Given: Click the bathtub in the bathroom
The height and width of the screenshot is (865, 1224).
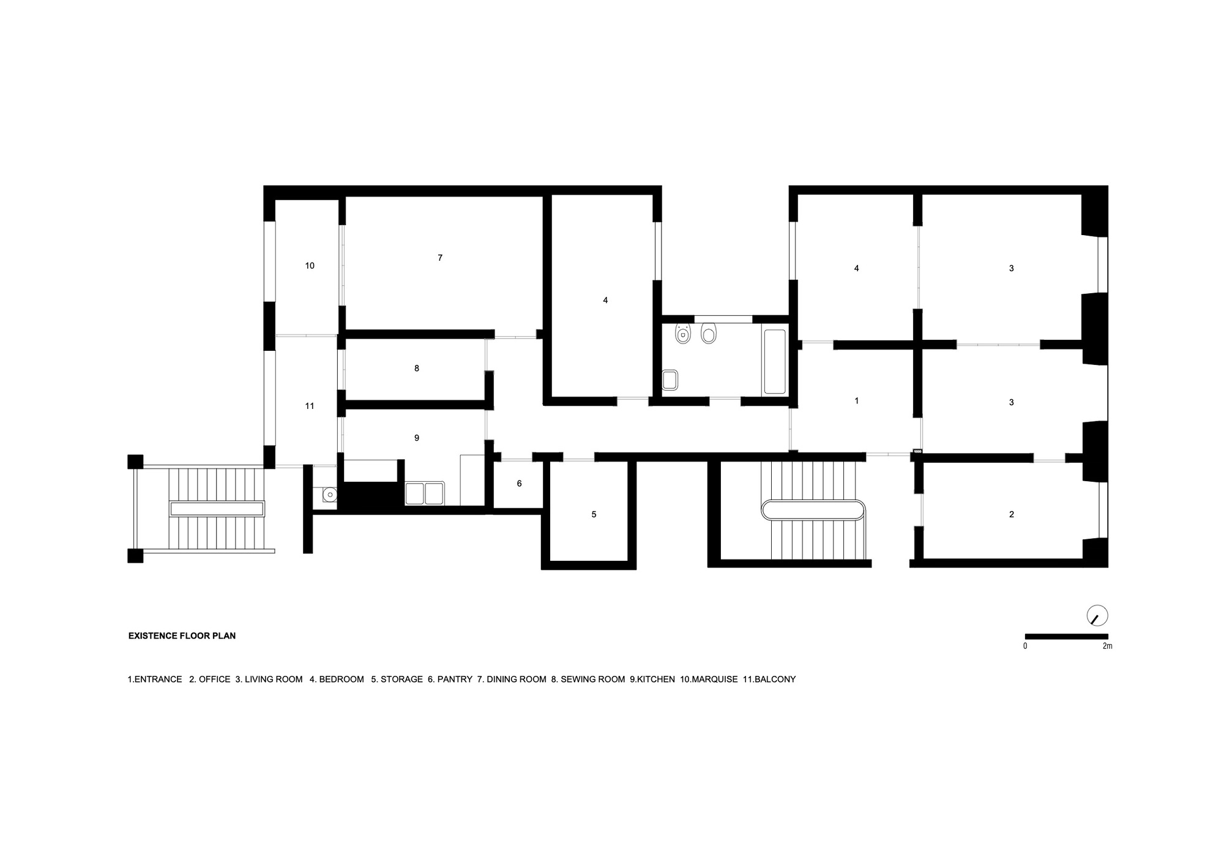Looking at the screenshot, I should click(x=774, y=361).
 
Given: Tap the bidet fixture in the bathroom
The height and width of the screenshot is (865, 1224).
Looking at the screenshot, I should click(x=682, y=334).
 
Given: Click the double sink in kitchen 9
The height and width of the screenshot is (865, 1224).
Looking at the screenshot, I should click(x=425, y=493).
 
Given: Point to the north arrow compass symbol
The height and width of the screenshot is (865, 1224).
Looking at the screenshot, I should click(x=1097, y=616).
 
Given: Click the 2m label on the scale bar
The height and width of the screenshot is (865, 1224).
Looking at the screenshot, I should click(x=1107, y=646).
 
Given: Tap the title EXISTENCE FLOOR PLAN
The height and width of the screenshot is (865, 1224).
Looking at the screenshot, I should click(x=182, y=636).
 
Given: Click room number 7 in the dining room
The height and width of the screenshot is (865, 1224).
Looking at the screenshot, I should click(x=440, y=258).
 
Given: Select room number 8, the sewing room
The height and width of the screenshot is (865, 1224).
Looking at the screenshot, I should click(x=417, y=369).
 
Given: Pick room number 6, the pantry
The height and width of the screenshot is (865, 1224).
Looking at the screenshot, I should click(x=519, y=484).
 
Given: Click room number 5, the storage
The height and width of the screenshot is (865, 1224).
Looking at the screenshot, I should click(x=594, y=514).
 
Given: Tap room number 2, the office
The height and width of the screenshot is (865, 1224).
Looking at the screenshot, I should click(x=1011, y=514).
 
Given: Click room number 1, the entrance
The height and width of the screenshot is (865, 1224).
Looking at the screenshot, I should click(x=856, y=400).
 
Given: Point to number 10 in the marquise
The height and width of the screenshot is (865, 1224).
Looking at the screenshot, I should click(x=310, y=266).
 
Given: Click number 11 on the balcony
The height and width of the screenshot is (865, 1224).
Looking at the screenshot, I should click(x=310, y=406).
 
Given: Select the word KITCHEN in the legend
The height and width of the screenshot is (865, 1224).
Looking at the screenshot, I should click(x=655, y=680).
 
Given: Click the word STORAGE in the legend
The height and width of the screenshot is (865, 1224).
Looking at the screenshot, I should click(x=401, y=680).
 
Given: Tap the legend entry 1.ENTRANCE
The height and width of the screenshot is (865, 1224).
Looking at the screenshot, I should click(x=155, y=680).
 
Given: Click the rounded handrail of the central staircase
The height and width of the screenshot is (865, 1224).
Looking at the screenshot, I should click(x=813, y=509).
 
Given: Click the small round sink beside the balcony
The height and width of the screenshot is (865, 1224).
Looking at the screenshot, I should click(x=329, y=493).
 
